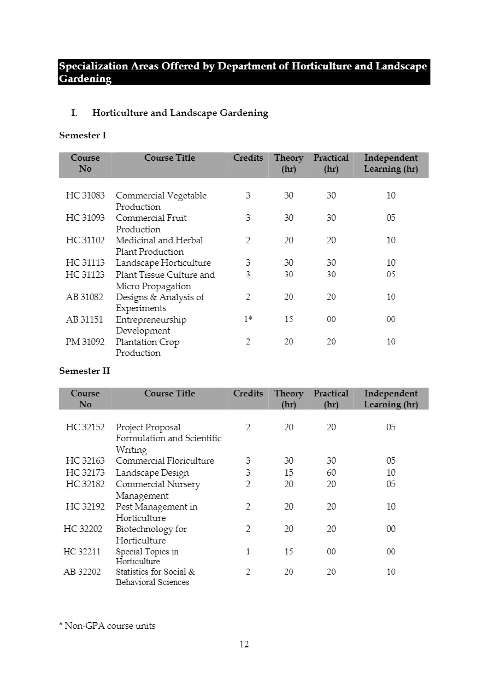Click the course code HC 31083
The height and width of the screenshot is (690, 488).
85,196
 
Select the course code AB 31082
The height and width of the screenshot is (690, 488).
84,297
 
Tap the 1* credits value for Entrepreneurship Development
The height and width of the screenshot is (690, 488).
248,320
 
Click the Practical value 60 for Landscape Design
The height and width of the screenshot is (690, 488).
331,473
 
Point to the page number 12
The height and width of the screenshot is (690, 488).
244,645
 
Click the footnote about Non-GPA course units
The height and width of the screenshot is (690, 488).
107,626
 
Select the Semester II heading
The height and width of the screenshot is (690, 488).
84,371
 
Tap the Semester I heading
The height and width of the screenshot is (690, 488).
83,135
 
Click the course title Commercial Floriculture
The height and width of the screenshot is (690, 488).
164,461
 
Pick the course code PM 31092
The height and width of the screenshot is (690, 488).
85,342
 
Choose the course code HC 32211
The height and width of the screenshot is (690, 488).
81,552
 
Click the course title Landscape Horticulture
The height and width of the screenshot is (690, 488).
163,263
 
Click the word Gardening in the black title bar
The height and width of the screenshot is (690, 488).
85,79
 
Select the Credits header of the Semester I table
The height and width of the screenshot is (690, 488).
248,158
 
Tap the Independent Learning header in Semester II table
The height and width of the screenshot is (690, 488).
391,399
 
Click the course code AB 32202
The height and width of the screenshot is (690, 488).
82,572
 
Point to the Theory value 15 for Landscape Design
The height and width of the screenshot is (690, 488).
289,473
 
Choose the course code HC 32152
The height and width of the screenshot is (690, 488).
85,428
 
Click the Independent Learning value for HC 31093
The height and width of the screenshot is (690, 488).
391,218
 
